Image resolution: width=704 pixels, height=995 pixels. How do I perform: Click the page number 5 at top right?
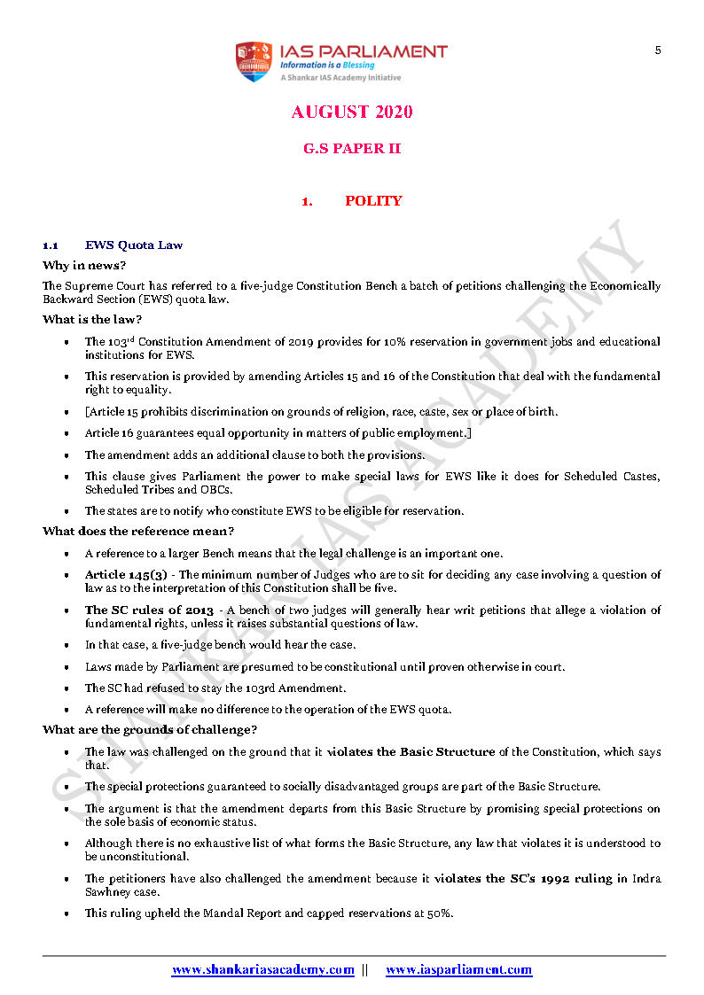pyautogui.click(x=658, y=51)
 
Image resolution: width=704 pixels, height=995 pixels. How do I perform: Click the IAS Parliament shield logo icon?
pyautogui.click(x=253, y=62)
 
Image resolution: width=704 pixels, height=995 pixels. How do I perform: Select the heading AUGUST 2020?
pyautogui.click(x=352, y=113)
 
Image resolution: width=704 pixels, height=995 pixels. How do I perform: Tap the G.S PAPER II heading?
pyautogui.click(x=352, y=149)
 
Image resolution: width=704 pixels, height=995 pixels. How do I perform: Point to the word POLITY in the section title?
pyautogui.click(x=373, y=201)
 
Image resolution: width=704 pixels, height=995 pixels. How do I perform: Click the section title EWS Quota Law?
pyautogui.click(x=134, y=245)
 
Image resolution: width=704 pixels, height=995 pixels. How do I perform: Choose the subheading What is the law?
pyautogui.click(x=92, y=319)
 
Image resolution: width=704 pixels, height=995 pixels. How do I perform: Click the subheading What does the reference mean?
pyautogui.click(x=138, y=531)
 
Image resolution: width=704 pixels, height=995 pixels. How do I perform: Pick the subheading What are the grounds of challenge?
pyautogui.click(x=150, y=729)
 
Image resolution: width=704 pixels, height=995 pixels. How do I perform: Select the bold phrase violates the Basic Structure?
pyautogui.click(x=411, y=752)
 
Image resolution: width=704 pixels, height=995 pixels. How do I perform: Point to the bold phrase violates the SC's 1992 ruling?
pyautogui.click(x=527, y=878)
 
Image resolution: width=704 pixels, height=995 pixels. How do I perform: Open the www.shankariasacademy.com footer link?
pyautogui.click(x=263, y=970)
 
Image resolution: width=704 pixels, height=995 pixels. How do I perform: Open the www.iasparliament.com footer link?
pyautogui.click(x=458, y=970)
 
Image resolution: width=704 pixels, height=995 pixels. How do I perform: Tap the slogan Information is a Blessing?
pyautogui.click(x=327, y=65)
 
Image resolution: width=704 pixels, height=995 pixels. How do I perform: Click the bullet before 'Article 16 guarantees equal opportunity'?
pyautogui.click(x=66, y=434)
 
